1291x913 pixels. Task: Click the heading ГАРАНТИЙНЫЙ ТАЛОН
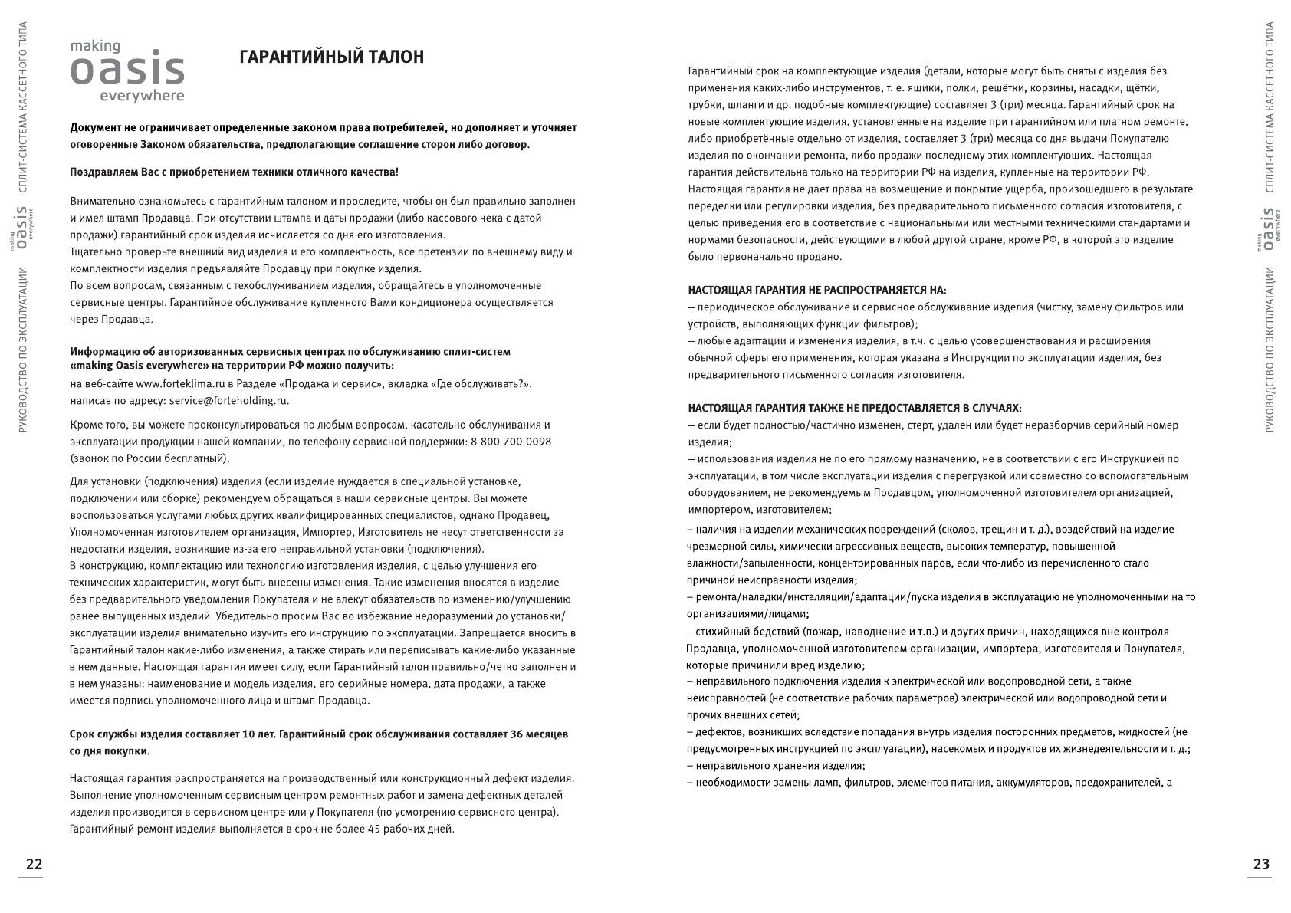pos(331,58)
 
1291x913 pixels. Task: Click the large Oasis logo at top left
pos(127,71)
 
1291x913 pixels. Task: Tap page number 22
pos(34,864)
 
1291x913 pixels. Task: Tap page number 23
pos(1261,864)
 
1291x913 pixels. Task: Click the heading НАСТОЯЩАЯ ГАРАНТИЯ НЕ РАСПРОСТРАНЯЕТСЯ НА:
pos(816,291)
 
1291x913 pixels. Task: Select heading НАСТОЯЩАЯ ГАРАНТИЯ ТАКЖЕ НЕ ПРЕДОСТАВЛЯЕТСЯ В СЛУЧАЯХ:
pos(854,409)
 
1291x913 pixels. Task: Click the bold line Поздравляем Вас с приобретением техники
pos(234,172)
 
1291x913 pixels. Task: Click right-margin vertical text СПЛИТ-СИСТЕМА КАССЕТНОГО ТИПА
pos(1266,107)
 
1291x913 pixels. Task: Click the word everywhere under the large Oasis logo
pos(142,97)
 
